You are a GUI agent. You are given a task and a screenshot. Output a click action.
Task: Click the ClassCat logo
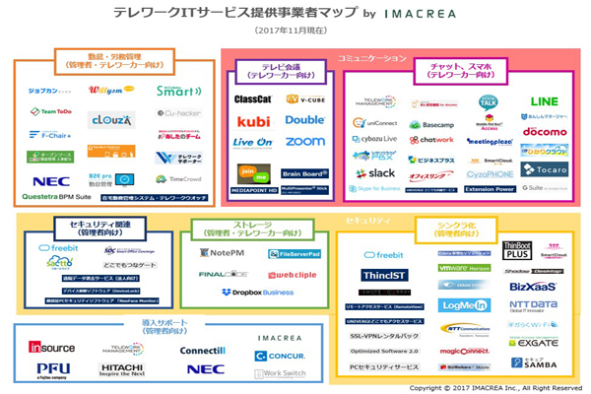click(253, 99)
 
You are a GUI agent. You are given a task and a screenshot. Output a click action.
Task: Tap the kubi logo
click(253, 121)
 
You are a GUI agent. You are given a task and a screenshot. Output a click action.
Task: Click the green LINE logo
click(544, 101)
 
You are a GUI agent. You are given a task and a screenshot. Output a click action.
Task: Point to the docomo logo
click(544, 131)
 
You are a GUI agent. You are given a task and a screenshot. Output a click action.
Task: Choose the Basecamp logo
click(430, 125)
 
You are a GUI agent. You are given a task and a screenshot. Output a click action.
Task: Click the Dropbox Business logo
click(258, 292)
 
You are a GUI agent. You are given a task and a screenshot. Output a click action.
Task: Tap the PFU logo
click(53, 368)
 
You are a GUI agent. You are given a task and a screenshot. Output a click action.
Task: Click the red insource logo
click(51, 347)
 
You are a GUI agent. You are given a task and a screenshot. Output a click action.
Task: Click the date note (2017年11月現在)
click(295, 32)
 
